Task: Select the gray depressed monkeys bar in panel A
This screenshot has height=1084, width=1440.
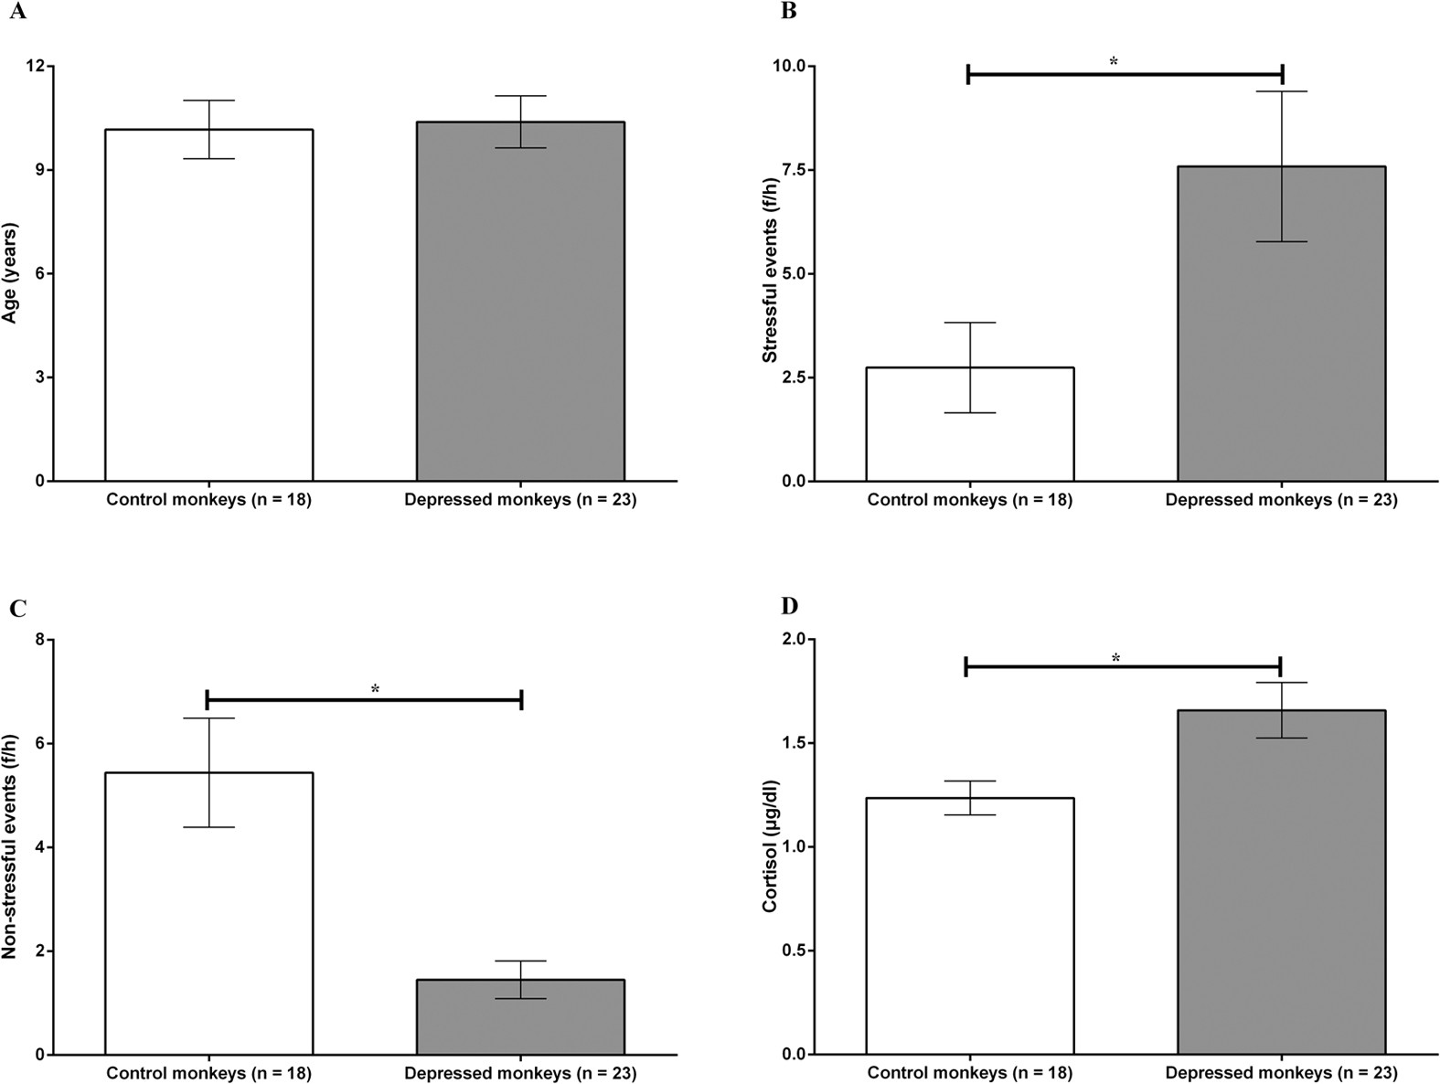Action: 520,302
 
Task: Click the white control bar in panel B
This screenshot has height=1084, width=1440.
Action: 969,424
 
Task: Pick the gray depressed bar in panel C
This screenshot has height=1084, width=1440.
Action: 520,1017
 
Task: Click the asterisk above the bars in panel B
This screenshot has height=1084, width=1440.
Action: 1113,62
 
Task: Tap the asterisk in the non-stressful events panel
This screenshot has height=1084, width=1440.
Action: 375,689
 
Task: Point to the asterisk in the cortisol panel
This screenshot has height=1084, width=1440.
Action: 1115,658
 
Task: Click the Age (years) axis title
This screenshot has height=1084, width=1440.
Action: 10,273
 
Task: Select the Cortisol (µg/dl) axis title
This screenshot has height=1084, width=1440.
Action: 770,846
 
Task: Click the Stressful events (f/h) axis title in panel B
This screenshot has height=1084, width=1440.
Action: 770,273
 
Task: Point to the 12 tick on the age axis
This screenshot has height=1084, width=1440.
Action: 35,67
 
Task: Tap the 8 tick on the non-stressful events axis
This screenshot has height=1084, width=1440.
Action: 39,640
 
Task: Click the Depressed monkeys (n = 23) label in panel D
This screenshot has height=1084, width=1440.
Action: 1281,1073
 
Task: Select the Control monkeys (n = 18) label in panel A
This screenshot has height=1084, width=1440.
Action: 209,500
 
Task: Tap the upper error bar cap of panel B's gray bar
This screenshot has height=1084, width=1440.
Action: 1281,91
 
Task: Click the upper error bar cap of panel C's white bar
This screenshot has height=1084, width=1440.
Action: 209,718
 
